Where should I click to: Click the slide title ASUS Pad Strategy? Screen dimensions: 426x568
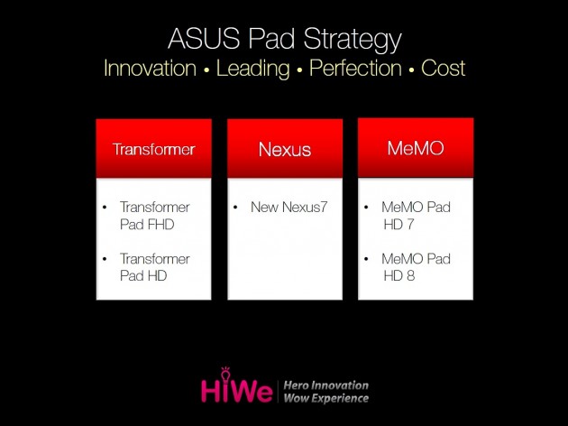(x=285, y=40)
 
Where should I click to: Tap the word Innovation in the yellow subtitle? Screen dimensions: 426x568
(x=150, y=69)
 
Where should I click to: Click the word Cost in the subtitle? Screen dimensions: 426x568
(x=444, y=69)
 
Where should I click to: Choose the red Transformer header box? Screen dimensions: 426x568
(x=153, y=149)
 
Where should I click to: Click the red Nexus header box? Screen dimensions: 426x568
(x=284, y=149)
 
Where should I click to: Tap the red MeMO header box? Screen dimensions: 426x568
(x=416, y=148)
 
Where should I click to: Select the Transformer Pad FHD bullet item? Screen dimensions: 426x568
(x=154, y=215)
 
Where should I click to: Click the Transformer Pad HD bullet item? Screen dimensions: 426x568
(x=154, y=267)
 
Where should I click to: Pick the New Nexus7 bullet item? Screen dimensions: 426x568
(x=289, y=208)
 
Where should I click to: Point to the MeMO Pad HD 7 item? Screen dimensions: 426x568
(x=415, y=215)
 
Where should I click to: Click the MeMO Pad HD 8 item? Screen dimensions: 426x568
(x=415, y=267)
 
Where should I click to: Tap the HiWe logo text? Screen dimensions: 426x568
(x=237, y=390)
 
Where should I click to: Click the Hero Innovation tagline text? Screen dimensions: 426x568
(x=325, y=384)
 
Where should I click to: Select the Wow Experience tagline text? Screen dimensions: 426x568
(x=325, y=398)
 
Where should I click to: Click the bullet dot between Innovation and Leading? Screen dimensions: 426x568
(x=206, y=70)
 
